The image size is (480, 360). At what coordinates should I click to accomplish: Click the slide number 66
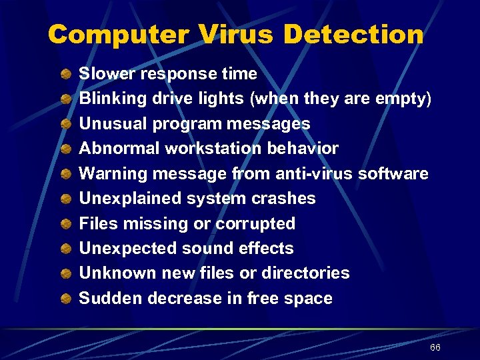(x=435, y=348)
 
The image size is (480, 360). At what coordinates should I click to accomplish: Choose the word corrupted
(x=255, y=223)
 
